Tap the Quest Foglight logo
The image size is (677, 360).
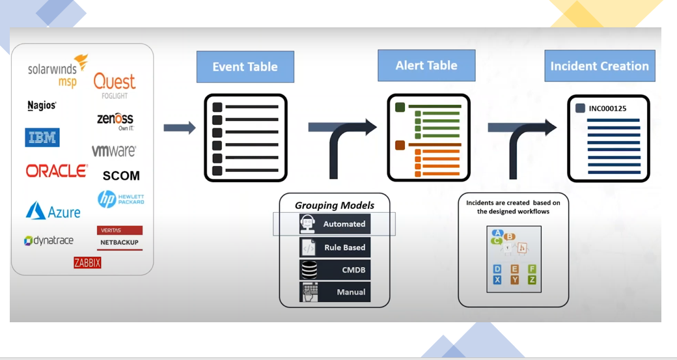tap(115, 85)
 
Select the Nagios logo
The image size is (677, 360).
tap(42, 105)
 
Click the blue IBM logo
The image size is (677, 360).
tap(42, 137)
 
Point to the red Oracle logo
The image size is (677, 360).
tap(57, 171)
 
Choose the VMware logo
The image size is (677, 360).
tap(114, 151)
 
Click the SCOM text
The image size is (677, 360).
tap(121, 176)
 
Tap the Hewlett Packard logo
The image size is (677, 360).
tap(121, 199)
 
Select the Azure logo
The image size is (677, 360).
tap(53, 211)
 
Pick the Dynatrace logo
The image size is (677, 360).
tap(49, 241)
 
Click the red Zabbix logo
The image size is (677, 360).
tap(87, 263)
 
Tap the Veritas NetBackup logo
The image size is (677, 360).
tap(119, 238)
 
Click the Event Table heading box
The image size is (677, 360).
tap(245, 67)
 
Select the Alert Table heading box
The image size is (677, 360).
tap(426, 66)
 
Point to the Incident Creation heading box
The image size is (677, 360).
tap(599, 66)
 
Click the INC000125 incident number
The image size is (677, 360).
tap(607, 109)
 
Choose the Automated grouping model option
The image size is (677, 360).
tap(335, 224)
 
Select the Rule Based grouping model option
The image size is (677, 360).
tap(335, 247)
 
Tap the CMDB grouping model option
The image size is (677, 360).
tap(335, 270)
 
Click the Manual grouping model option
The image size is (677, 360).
tap(335, 292)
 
